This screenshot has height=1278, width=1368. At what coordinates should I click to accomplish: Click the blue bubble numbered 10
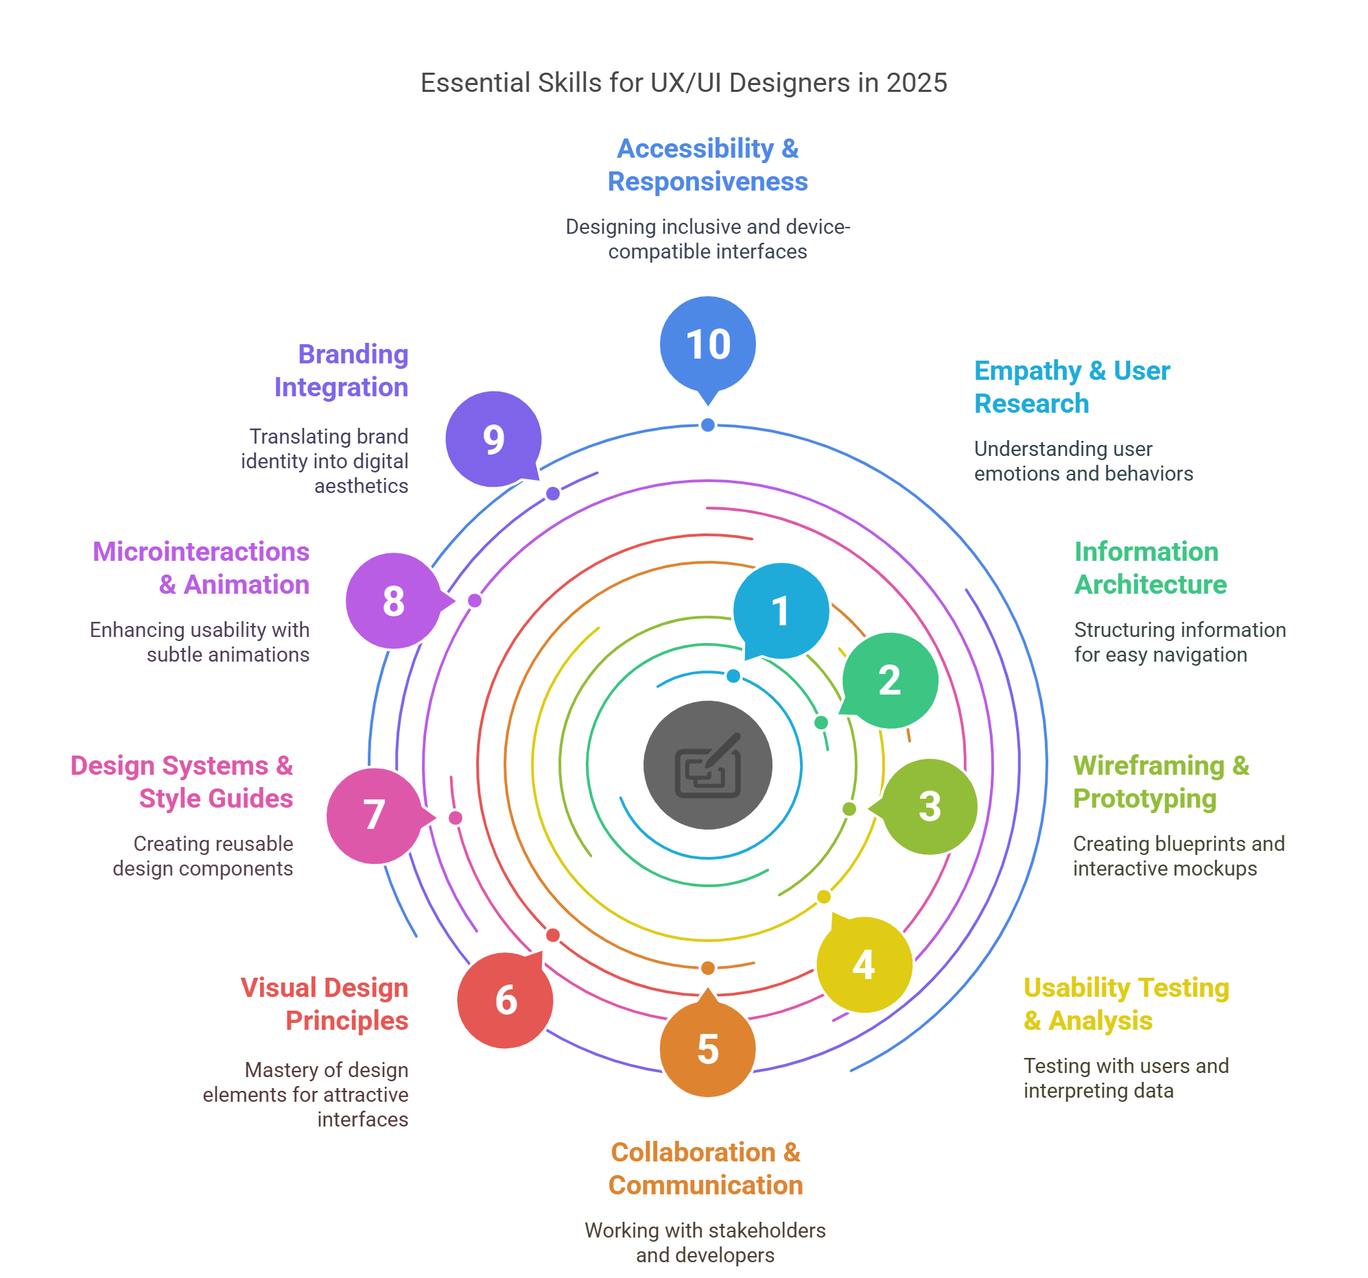707,346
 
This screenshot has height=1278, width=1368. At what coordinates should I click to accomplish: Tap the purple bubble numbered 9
493,439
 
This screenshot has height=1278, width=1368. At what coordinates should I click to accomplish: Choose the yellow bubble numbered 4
864,964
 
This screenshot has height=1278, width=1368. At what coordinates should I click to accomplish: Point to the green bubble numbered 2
889,680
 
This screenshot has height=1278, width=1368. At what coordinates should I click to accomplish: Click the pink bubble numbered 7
375,816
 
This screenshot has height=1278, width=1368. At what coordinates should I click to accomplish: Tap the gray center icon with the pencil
707,765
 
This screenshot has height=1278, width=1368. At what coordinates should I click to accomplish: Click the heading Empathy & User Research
1072,387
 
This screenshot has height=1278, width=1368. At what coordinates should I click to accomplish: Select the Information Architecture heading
1151,568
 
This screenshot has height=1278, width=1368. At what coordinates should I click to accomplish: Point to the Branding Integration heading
341,371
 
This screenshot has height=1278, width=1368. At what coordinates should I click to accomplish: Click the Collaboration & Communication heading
705,1168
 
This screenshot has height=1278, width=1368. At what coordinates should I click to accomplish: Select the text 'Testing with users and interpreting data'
1126,1078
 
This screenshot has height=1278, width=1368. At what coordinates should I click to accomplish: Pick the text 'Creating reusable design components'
203,856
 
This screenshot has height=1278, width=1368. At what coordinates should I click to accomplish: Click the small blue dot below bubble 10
707,425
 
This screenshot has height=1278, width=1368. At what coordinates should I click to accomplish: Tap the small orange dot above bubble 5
707,969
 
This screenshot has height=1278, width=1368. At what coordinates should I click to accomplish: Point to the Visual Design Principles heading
324,1004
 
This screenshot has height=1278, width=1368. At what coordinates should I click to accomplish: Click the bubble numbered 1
781,611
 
